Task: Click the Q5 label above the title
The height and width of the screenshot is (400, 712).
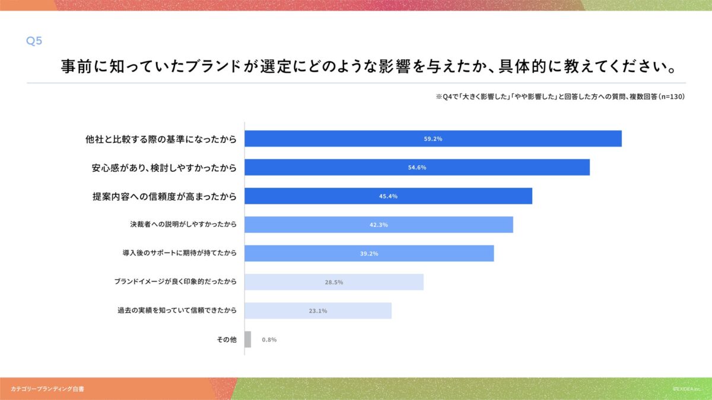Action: [x=34, y=41]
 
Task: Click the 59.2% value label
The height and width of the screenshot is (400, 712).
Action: [x=433, y=139]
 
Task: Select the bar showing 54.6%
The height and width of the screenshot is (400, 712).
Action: [x=417, y=167]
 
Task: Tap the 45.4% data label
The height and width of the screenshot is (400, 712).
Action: [x=388, y=196]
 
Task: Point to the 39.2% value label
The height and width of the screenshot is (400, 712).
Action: [x=369, y=254]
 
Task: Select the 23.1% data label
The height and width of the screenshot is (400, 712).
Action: [x=318, y=311]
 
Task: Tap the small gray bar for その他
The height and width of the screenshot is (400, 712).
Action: [x=248, y=340]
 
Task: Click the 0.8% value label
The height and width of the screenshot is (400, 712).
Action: [x=269, y=340]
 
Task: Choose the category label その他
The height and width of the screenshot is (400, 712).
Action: [x=227, y=340]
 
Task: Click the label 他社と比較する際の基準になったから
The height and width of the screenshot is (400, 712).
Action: [x=161, y=139]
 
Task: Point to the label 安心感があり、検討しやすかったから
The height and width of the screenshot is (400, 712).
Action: [x=164, y=168]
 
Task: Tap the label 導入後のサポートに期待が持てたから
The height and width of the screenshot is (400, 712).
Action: [x=179, y=254]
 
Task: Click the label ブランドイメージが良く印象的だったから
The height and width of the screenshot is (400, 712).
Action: [x=176, y=282]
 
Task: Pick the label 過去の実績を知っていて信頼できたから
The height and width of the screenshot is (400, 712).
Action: [x=177, y=311]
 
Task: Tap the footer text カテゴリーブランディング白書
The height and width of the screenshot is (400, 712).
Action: [x=47, y=389]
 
